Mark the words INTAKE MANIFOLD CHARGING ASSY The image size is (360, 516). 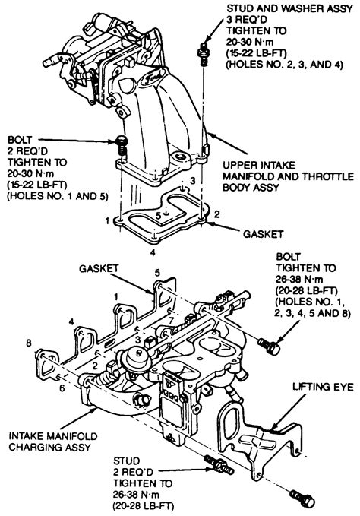tap(53, 442)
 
